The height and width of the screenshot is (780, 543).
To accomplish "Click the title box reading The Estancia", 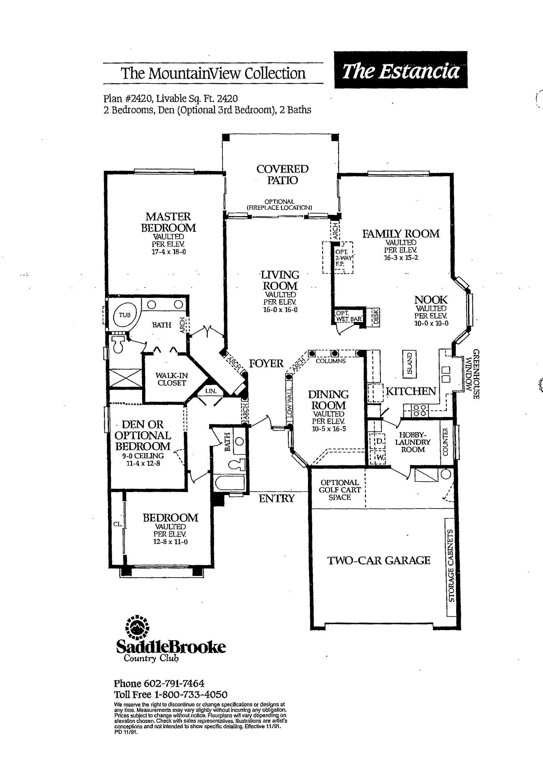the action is point(401,70).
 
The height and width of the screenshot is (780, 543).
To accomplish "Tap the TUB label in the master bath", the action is point(125,315).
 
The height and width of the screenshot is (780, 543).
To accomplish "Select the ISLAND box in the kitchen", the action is point(410,364).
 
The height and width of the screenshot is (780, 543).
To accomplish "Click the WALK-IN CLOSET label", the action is point(171,379).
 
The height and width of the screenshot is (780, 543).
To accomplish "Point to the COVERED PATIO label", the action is point(282,174).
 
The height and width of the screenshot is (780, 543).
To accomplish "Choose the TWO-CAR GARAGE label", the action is point(379,560).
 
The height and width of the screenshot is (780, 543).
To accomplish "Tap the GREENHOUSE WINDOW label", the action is point(473,374).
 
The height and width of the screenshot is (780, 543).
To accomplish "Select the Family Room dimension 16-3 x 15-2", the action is point(401,258).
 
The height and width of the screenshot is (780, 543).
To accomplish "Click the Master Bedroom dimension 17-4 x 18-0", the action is point(168,252).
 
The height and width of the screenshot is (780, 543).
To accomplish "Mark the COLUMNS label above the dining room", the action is point(331,361).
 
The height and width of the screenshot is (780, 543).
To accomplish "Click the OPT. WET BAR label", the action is point(349,316).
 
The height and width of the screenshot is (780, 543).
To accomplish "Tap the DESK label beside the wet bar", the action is point(375,317).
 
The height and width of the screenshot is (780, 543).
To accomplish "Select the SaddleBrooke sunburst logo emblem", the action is point(137,627).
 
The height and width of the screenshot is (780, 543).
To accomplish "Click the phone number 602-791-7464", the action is point(174,683).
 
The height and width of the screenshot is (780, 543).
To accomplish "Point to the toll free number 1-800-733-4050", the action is point(191,694).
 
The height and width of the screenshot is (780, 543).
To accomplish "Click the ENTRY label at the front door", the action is point(276,498).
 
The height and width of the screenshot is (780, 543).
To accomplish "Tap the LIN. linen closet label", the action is point(211,391).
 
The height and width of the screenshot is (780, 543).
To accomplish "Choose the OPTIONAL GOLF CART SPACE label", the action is point(340,490).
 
